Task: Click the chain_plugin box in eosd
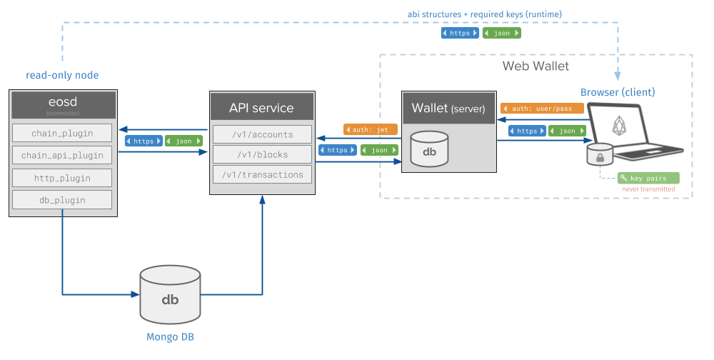[x=63, y=133]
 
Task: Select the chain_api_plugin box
[x=63, y=155]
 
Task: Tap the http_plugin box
[x=63, y=177]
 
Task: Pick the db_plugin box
[x=63, y=199]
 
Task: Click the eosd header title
[x=63, y=102]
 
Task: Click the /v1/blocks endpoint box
[x=262, y=154]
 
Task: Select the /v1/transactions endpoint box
[x=262, y=174]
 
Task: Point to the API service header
[x=261, y=108]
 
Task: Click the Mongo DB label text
[x=170, y=337]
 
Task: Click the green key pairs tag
[x=648, y=178]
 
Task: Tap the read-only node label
[x=62, y=76]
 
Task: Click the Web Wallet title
[x=535, y=66]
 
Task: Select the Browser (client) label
[x=617, y=93]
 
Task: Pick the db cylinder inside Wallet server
[x=429, y=149]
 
